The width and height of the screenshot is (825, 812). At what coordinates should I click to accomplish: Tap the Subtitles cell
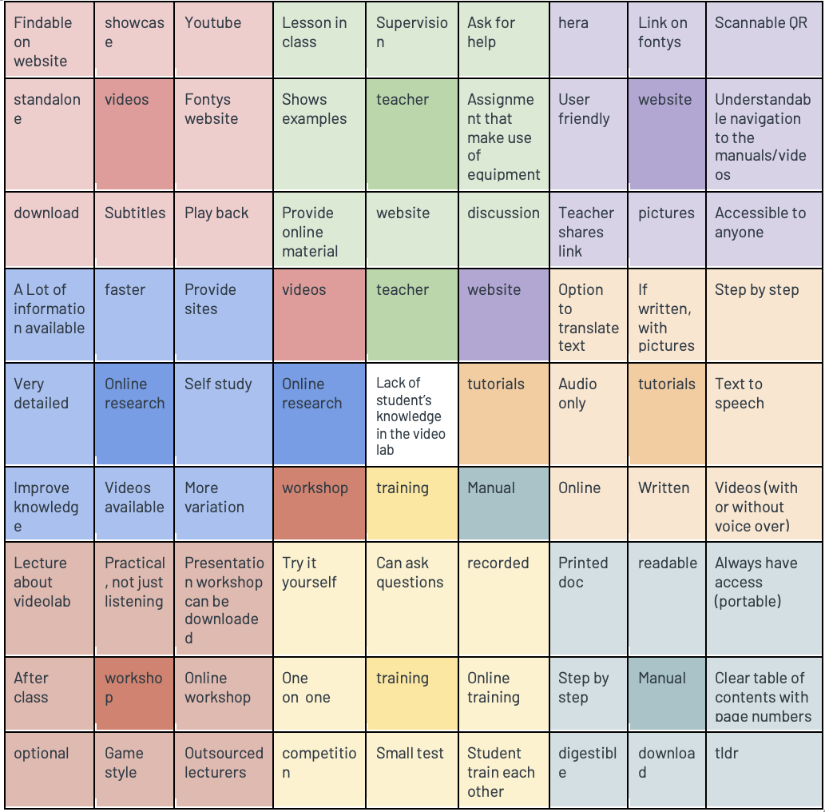133,229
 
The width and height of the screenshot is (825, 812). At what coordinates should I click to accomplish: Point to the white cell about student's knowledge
412,416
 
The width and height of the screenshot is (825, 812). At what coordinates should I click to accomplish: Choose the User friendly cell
589,134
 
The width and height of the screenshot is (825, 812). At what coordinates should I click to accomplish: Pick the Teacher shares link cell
589,230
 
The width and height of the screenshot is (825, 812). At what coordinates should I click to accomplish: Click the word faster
125,290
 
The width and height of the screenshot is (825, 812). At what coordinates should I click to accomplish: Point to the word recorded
498,563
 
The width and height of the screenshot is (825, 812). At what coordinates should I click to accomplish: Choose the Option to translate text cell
589,316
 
